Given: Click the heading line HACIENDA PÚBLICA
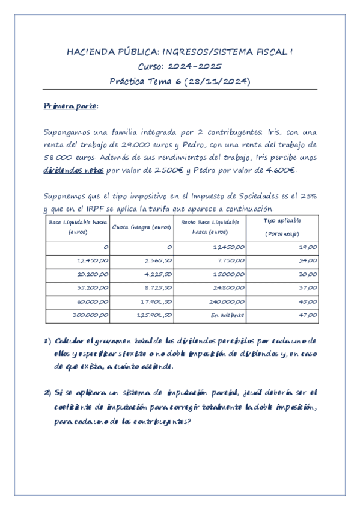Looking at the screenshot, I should (180, 52).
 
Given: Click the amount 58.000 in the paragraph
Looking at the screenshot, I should (58, 158).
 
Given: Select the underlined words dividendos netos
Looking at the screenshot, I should (74, 171).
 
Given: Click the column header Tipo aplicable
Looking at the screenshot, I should (282, 221).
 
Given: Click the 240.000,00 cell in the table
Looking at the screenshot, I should (228, 301).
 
